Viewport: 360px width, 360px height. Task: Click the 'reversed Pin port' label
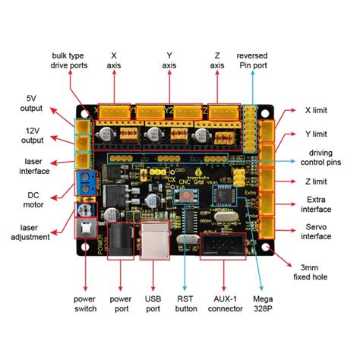coord(252,61)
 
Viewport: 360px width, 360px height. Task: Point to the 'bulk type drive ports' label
coord(70,61)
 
